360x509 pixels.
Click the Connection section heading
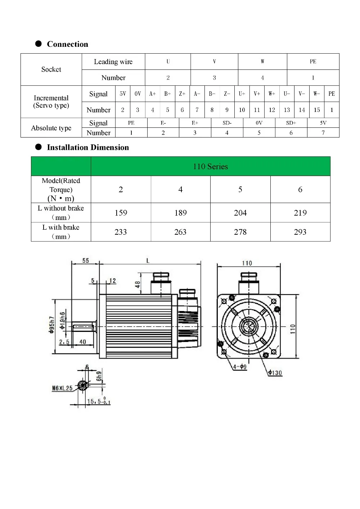[x=67, y=44]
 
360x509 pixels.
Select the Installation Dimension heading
[x=87, y=148]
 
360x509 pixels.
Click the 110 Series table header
[x=210, y=167]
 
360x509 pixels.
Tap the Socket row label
[x=51, y=69]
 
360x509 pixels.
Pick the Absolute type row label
[x=51, y=128]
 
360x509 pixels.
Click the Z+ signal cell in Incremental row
[x=182, y=94]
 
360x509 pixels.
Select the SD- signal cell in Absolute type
[x=227, y=123]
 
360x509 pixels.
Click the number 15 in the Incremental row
[x=316, y=110]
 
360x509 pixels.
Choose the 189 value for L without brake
[x=180, y=213]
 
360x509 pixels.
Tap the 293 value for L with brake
[x=300, y=232]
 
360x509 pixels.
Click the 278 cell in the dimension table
[x=240, y=232]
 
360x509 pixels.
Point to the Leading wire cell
[x=113, y=62]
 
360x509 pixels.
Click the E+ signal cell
[x=195, y=123]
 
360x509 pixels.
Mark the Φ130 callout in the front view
[x=275, y=373]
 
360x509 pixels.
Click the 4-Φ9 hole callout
[x=240, y=367]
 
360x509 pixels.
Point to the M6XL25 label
[x=62, y=388]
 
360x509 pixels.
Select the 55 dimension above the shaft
[x=86, y=261]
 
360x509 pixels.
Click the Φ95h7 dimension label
[x=52, y=325]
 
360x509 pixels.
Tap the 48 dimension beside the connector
[x=138, y=284]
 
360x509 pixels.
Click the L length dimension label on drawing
[x=148, y=261]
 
